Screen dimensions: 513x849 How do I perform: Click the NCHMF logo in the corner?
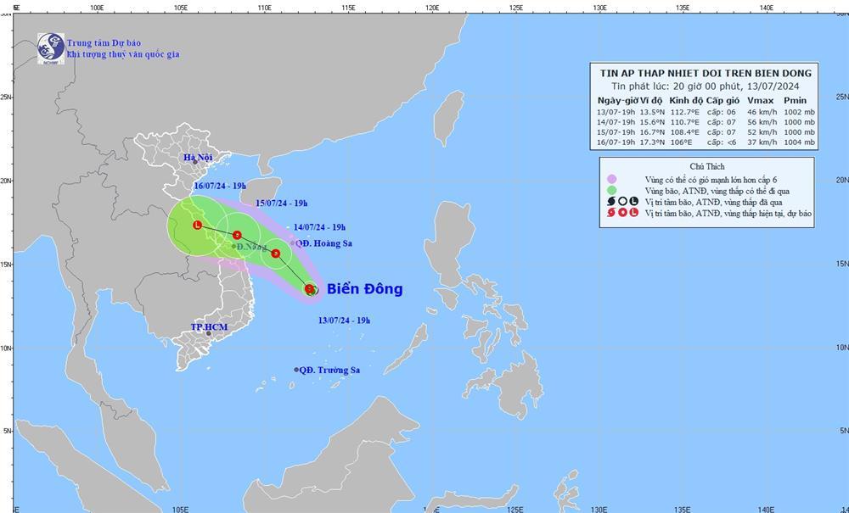[x=50, y=48]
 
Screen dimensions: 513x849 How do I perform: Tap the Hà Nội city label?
[x=198, y=158]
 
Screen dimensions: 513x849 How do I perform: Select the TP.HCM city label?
[x=206, y=326]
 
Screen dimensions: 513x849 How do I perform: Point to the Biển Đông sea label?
[x=364, y=289]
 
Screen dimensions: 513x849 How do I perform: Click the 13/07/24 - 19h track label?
[x=343, y=320]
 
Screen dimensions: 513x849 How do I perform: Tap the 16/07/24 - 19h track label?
[x=220, y=185]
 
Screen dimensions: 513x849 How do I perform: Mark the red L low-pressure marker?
[x=197, y=226]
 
